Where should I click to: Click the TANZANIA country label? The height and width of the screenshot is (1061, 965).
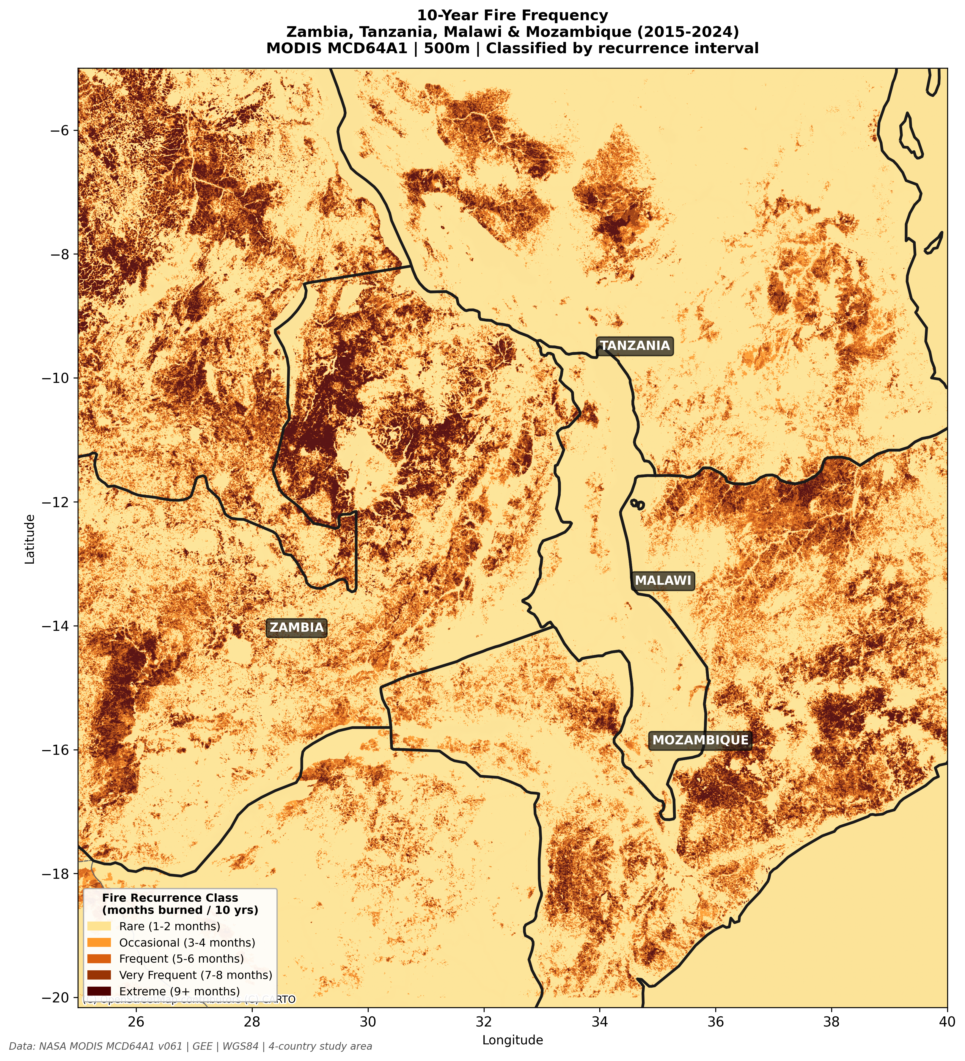pos(635,346)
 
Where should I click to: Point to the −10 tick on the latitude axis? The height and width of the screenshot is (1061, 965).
pos(62,378)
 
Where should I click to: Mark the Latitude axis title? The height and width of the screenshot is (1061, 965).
pos(30,539)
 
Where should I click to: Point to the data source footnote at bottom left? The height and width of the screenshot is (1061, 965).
pos(191,1046)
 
